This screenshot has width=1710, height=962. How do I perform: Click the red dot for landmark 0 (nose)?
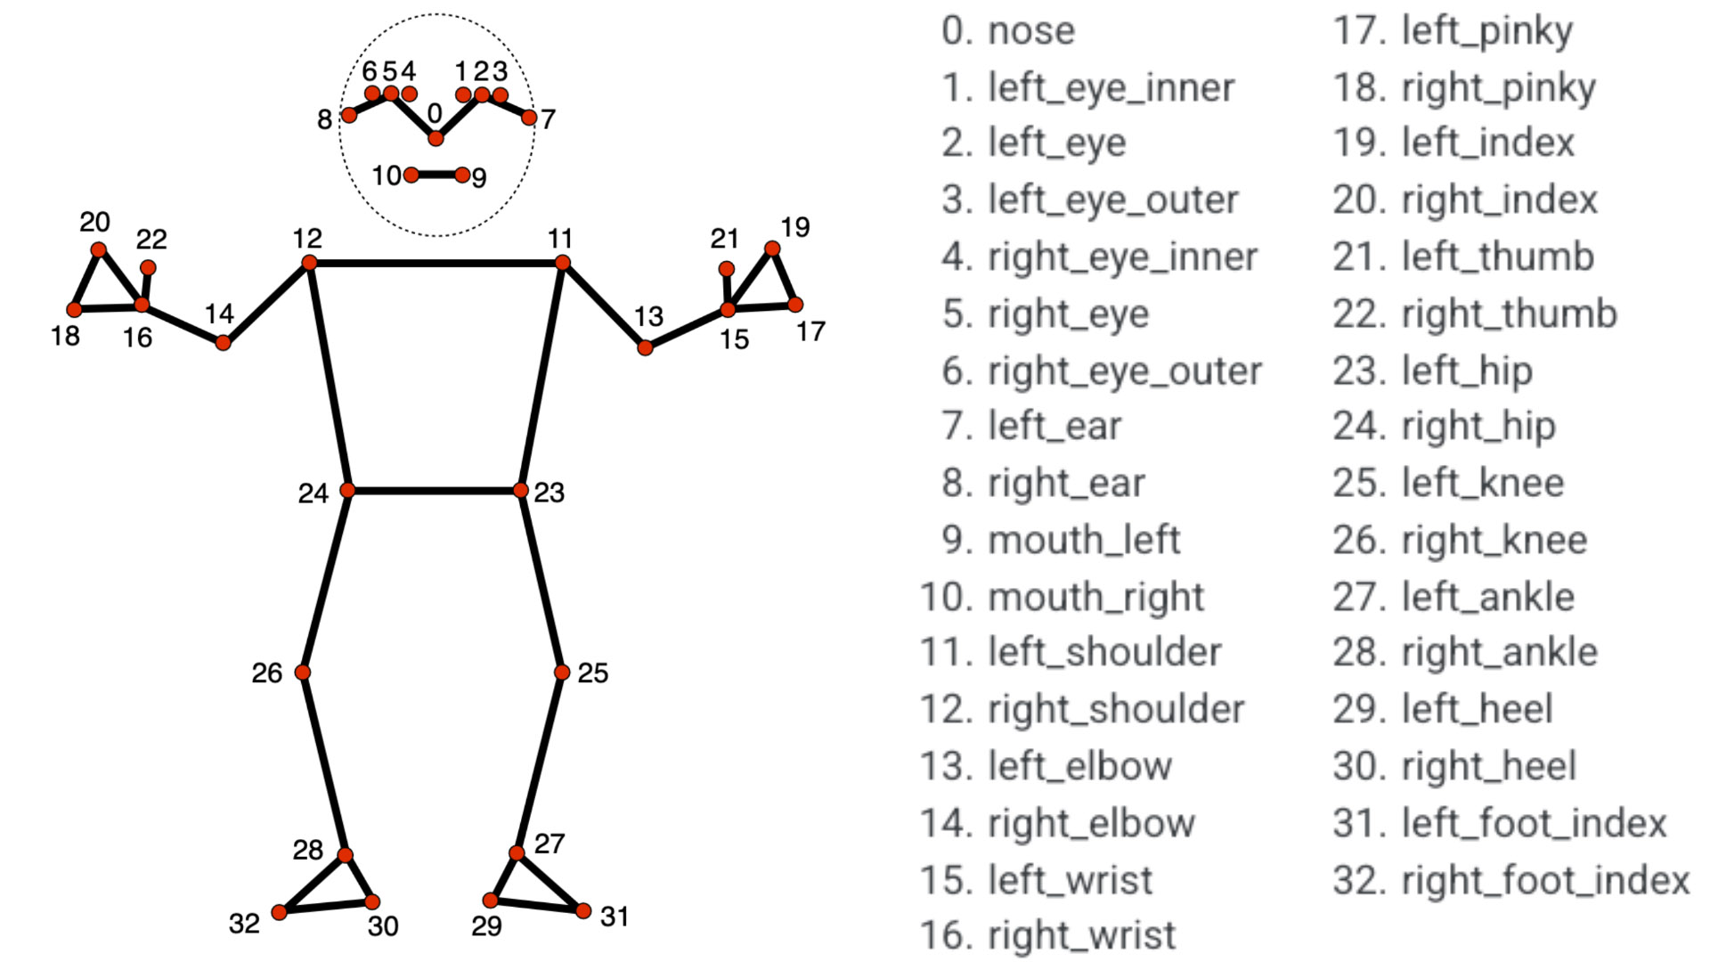(436, 138)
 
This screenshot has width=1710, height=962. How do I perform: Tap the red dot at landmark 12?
(309, 263)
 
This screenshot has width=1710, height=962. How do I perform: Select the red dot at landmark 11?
(562, 263)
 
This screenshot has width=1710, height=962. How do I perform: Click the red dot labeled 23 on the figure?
(521, 491)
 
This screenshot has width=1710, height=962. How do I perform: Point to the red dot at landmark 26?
(303, 672)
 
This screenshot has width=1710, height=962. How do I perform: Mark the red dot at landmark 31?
(583, 910)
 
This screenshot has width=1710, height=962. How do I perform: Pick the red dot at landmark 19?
(772, 249)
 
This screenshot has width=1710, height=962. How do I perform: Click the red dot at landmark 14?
(224, 343)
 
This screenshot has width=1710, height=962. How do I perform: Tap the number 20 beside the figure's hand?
(94, 222)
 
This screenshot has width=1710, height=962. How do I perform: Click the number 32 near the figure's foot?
(244, 924)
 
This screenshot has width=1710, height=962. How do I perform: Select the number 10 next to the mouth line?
(387, 175)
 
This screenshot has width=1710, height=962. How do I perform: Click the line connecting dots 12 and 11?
(436, 263)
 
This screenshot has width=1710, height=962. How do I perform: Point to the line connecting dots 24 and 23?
(435, 491)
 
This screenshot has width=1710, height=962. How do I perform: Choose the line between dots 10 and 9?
(436, 175)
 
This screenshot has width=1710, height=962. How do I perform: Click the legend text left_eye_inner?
(1111, 88)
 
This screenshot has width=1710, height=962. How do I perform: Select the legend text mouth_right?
(1096, 597)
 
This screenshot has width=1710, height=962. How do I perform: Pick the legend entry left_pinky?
(1487, 32)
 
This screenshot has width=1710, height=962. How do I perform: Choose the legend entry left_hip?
(1467, 371)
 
